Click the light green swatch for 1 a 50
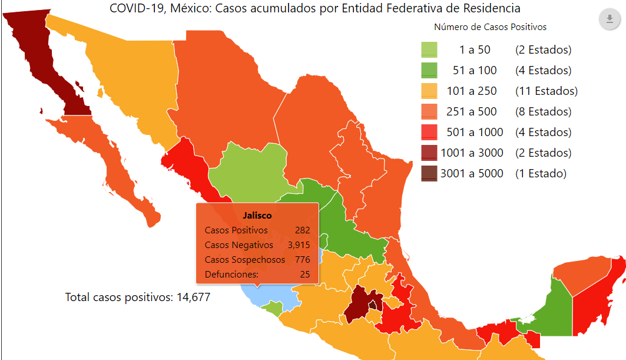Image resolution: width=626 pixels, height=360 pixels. (x=429, y=50)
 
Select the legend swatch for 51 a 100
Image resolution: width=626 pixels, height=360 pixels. (x=429, y=71)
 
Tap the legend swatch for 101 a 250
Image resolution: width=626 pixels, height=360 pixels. (x=429, y=91)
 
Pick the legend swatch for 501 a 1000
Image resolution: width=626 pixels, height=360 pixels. (x=429, y=133)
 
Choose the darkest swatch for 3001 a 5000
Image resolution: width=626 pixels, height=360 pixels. (x=429, y=174)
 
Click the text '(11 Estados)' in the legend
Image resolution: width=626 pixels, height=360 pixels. (x=546, y=91)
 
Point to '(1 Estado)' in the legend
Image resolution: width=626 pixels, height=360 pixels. (x=540, y=174)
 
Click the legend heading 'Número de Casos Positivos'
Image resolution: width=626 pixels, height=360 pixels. (x=490, y=27)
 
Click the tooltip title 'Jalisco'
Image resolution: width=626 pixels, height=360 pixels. (x=257, y=216)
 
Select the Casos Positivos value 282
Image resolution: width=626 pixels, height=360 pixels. (x=302, y=230)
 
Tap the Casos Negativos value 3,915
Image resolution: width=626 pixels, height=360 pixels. (x=299, y=245)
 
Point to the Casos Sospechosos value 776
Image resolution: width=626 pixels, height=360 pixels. (x=302, y=260)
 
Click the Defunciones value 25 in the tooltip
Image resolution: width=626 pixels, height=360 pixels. (x=304, y=275)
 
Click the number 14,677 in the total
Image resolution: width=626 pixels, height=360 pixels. (x=192, y=297)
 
